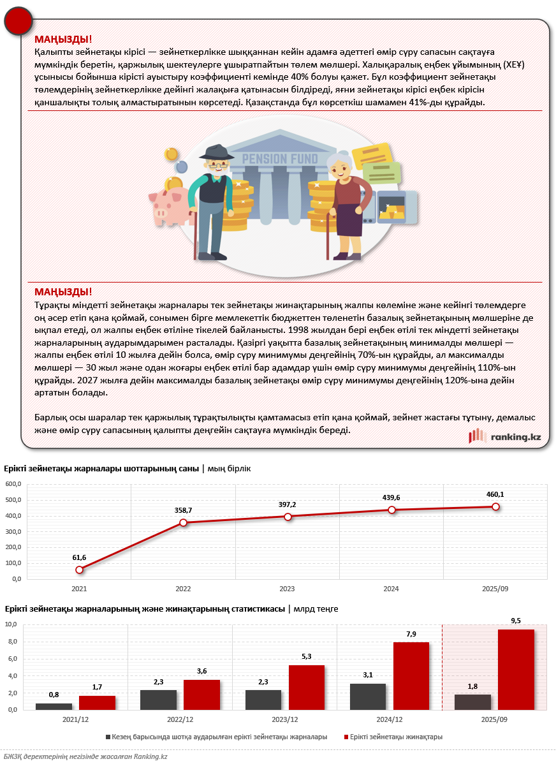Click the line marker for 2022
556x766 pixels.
pyautogui.click(x=184, y=522)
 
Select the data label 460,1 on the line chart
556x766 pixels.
pyautogui.click(x=495, y=494)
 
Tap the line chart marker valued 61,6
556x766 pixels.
pyautogui.click(x=79, y=570)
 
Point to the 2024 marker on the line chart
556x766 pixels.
pyautogui.click(x=391, y=510)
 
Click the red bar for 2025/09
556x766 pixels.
pyautogui.click(x=516, y=669)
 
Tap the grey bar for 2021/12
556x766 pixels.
pyautogui.click(x=54, y=706)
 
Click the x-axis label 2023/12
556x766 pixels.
pyautogui.click(x=285, y=719)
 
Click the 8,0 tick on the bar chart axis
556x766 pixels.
pyautogui.click(x=11, y=642)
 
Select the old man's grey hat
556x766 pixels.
pyautogui.click(x=216, y=153)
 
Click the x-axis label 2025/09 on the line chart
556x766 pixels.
pyautogui.click(x=495, y=589)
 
